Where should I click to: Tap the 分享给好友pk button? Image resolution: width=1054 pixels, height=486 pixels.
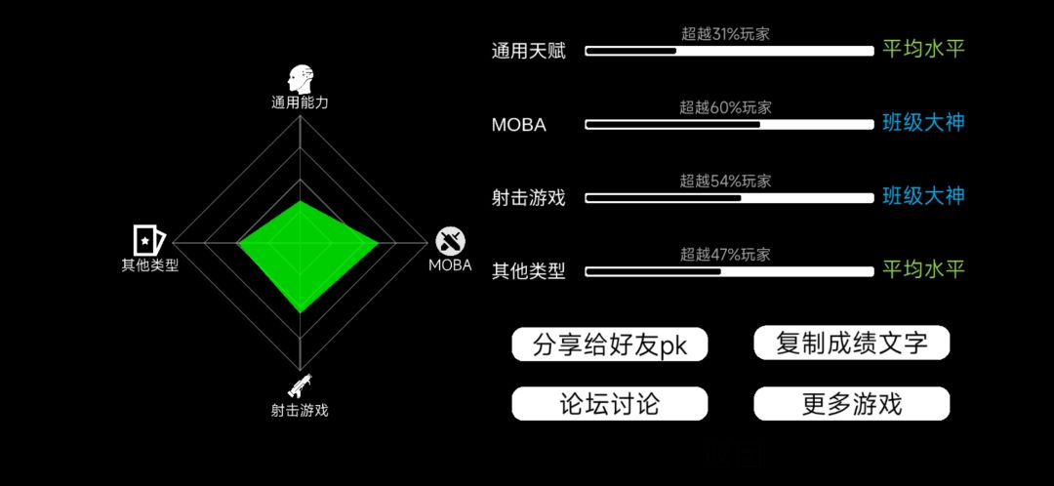click(610, 344)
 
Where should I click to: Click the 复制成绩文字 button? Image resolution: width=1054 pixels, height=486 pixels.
click(852, 343)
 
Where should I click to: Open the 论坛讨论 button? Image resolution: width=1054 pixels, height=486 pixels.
click(610, 405)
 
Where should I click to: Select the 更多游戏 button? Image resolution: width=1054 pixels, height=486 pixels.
click(852, 405)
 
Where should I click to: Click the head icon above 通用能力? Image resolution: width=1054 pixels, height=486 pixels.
click(301, 79)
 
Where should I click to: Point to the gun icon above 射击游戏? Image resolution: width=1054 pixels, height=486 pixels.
click(300, 385)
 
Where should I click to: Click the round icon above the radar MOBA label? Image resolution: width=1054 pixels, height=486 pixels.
click(451, 241)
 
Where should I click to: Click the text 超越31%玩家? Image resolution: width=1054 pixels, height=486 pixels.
click(724, 33)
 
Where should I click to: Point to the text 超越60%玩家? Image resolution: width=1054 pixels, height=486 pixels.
click(724, 107)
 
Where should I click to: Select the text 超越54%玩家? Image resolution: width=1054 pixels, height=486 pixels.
click(724, 181)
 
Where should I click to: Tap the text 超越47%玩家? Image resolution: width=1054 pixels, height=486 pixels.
click(724, 255)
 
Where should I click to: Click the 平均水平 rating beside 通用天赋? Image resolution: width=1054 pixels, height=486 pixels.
click(923, 49)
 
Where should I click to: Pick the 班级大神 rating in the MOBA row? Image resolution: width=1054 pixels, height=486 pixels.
click(923, 123)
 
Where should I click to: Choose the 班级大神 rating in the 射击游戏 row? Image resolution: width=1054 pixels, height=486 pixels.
click(923, 196)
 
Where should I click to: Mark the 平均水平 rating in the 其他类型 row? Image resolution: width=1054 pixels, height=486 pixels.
click(923, 269)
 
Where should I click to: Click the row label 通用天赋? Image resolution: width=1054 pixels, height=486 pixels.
click(528, 51)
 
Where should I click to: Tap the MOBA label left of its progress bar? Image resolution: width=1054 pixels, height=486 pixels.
click(518, 125)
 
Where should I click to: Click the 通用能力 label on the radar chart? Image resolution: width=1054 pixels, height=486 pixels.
click(300, 102)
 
